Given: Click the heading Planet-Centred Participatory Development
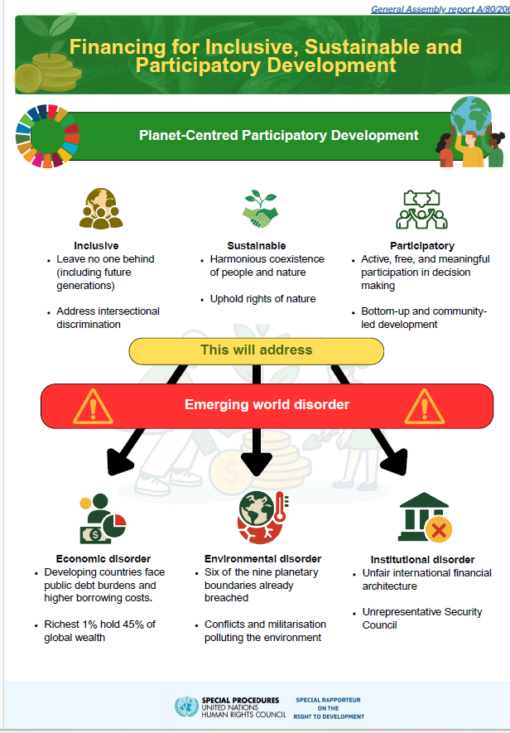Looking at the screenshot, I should [278, 135].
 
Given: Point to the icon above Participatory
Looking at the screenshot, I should [422, 210].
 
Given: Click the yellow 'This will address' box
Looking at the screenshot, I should [257, 350].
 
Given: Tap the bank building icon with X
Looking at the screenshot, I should [424, 518].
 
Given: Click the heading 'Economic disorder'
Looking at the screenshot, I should [103, 558].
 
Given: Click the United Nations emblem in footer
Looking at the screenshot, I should [185, 706].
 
